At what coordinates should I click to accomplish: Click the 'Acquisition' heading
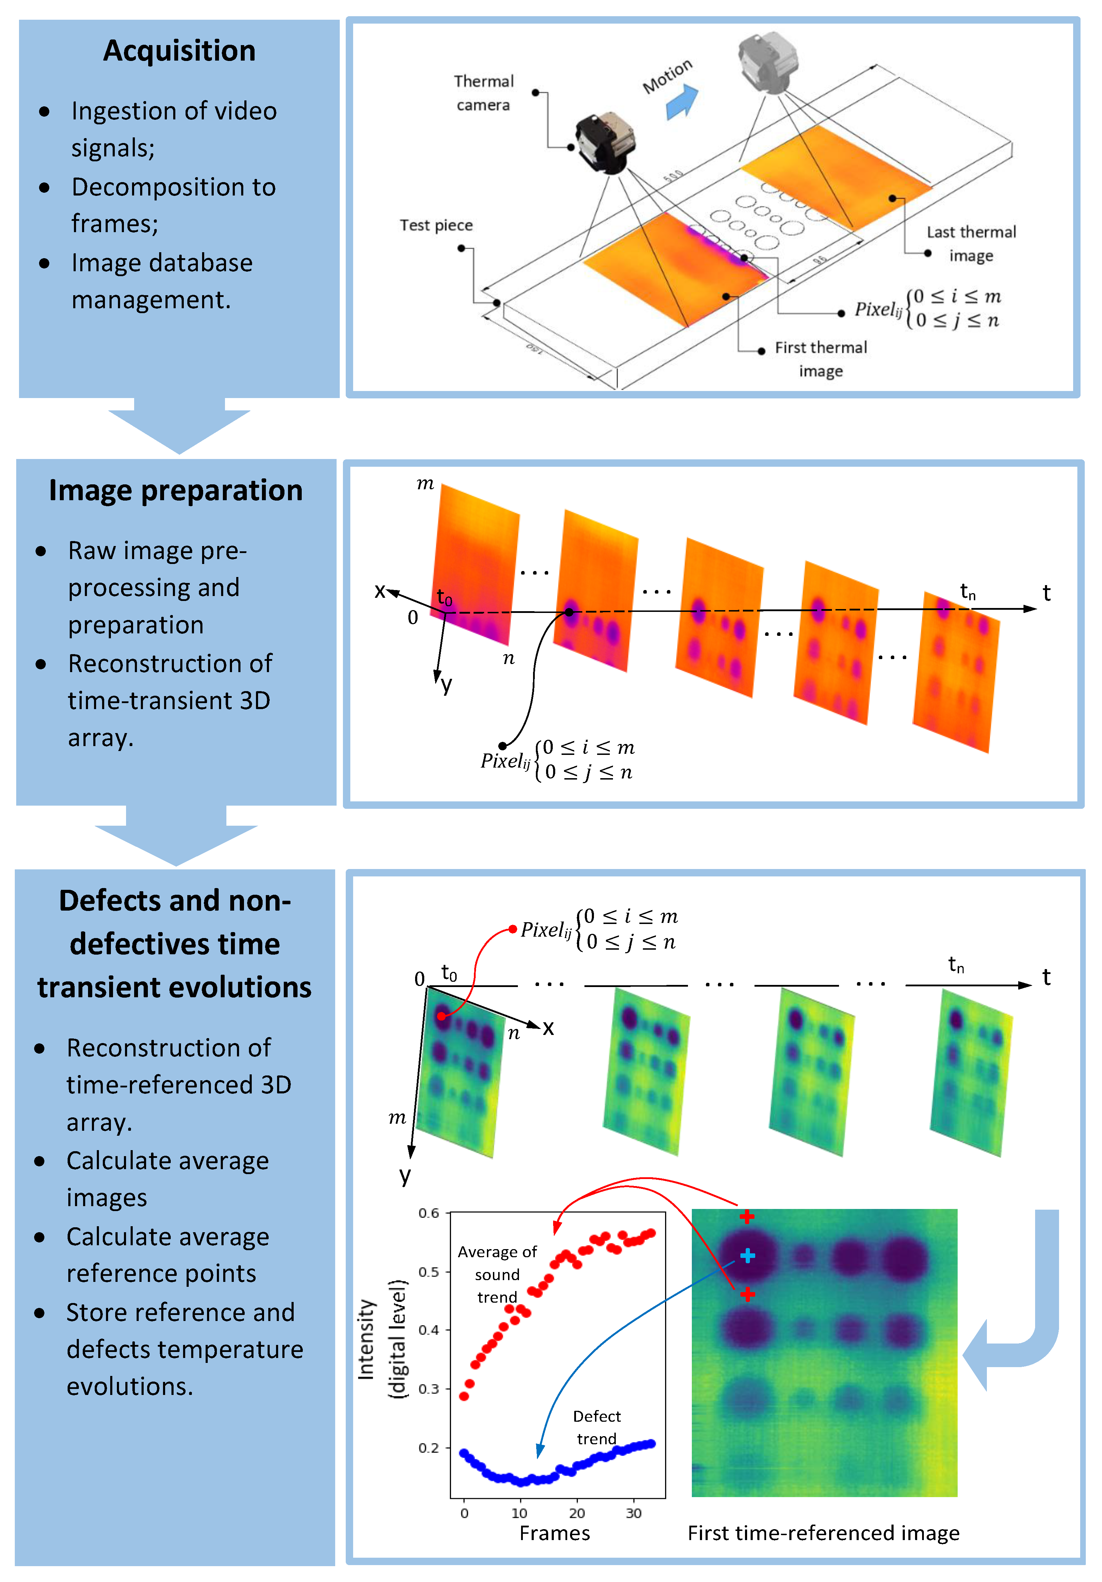179,51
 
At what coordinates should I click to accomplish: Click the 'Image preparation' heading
176,491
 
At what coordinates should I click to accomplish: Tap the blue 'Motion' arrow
681,102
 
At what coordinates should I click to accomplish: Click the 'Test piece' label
436,225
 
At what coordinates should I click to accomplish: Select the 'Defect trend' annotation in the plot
596,1427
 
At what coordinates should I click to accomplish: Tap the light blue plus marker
747,1256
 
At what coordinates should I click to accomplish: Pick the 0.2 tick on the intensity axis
428,1448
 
